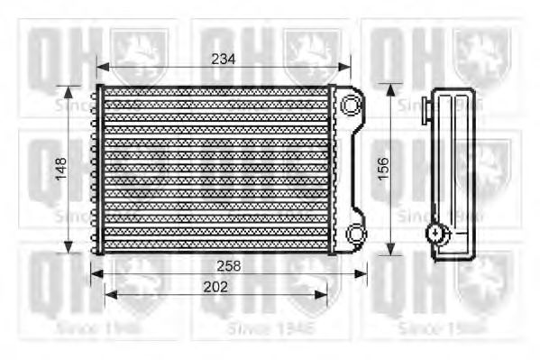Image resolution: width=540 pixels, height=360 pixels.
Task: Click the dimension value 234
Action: point(223,59)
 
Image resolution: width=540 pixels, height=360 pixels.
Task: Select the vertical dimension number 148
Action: point(60,169)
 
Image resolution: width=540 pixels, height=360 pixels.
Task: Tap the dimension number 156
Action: point(382,169)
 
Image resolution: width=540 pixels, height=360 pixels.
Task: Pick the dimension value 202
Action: point(215,286)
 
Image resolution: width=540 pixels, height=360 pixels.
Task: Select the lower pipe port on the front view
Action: point(355,235)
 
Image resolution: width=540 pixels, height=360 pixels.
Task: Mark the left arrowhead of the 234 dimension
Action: point(101,67)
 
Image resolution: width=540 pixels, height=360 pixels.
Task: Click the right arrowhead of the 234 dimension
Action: point(347,67)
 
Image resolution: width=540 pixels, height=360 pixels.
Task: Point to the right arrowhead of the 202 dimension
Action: point(325,294)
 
